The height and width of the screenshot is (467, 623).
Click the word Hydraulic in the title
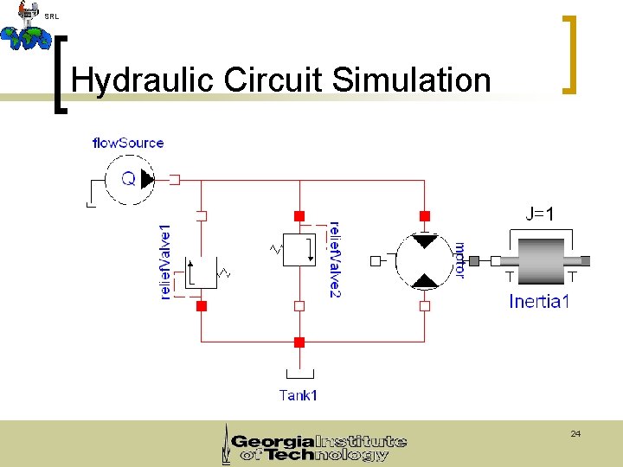(144, 80)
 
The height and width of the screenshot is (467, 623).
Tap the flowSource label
(127, 143)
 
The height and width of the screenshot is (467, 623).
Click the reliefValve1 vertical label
(165, 262)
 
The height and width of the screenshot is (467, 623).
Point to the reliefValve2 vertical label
(335, 259)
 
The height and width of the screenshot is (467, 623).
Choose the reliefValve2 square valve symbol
(299, 249)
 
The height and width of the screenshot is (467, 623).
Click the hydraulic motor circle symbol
(424, 260)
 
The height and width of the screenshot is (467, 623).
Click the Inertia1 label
(539, 301)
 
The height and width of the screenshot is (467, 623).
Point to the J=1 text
(540, 214)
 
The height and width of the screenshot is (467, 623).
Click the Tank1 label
(299, 395)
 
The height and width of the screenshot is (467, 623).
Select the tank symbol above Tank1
(299, 373)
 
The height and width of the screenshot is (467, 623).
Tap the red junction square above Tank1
(299, 342)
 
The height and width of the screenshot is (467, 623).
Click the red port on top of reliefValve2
(299, 214)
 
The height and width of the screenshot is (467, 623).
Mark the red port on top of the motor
(425, 214)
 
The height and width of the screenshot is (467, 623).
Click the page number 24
(575, 432)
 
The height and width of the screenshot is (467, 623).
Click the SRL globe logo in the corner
(26, 28)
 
